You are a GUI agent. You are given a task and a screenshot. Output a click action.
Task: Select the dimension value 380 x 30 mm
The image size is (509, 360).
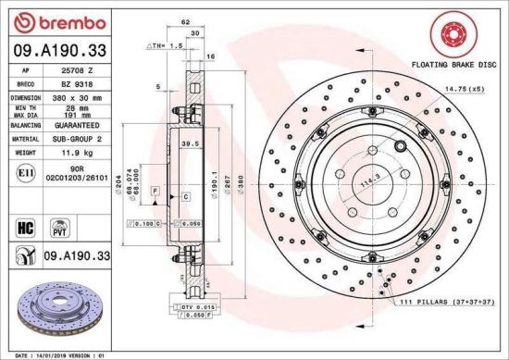click(77, 95)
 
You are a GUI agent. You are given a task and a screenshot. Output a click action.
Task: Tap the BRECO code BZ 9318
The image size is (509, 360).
click(77, 82)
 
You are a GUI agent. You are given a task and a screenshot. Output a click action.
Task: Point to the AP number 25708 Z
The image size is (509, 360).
click(77, 69)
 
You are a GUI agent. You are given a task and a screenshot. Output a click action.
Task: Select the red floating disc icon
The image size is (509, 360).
click(446, 36)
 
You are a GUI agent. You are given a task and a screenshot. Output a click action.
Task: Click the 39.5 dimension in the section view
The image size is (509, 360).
click(190, 144)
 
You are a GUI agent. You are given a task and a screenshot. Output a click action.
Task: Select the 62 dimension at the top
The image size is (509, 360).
click(186, 19)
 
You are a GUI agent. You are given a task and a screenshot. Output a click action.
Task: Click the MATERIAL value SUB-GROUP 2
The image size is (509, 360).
click(77, 137)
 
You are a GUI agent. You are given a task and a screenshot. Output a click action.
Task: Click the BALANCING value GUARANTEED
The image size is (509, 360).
click(77, 123)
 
